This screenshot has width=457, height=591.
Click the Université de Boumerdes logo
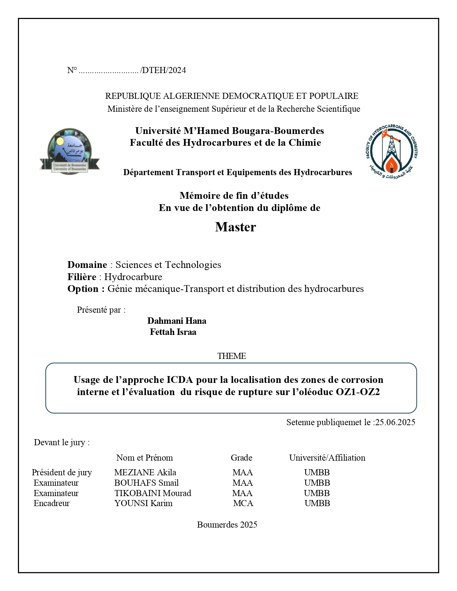coord(70,151)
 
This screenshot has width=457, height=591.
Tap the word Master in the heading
coord(235,227)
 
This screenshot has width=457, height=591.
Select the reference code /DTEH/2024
coord(163,70)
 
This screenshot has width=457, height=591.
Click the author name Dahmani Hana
coord(177,321)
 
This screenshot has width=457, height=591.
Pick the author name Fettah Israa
coord(173,332)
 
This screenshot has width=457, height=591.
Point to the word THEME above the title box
coord(232,356)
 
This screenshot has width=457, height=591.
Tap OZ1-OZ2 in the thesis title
coord(358,392)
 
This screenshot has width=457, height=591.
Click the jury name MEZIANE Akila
coord(145,472)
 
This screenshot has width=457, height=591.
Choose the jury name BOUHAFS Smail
coord(146,483)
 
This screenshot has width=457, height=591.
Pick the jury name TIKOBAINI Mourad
coord(153,493)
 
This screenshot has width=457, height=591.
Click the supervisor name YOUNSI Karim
coord(143,503)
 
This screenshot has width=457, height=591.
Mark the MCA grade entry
coord(243,503)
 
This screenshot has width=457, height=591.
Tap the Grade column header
coord(241,458)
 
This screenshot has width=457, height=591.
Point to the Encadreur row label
coord(52,503)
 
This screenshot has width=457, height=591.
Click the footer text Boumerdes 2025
coord(227,525)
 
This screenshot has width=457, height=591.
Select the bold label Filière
coord(82,277)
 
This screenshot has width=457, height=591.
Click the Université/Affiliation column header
coord(327,458)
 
